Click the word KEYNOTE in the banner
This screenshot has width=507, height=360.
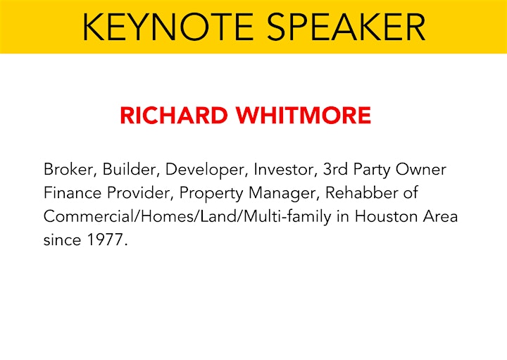pyautogui.click(x=168, y=27)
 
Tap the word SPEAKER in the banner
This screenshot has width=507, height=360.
pyautogui.click(x=346, y=27)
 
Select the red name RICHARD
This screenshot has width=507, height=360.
pyautogui.click(x=174, y=115)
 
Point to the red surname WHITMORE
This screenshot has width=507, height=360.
pyautogui.click(x=303, y=115)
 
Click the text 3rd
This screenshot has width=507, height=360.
pyautogui.click(x=335, y=169)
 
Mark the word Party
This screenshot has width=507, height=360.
pyautogui.click(x=372, y=170)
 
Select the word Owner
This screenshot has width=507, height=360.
pyautogui.click(x=421, y=169)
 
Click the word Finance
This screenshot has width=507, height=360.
pyautogui.click(x=73, y=193)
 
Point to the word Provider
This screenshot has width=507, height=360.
pyautogui.click(x=139, y=193)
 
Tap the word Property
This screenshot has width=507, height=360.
pyautogui.click(x=211, y=194)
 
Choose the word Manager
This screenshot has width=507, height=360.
pyautogui.click(x=282, y=194)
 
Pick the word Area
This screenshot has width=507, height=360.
pyautogui.click(x=440, y=216)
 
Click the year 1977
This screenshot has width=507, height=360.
pyautogui.click(x=105, y=240)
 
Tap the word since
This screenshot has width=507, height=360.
pyautogui.click(x=62, y=240)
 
